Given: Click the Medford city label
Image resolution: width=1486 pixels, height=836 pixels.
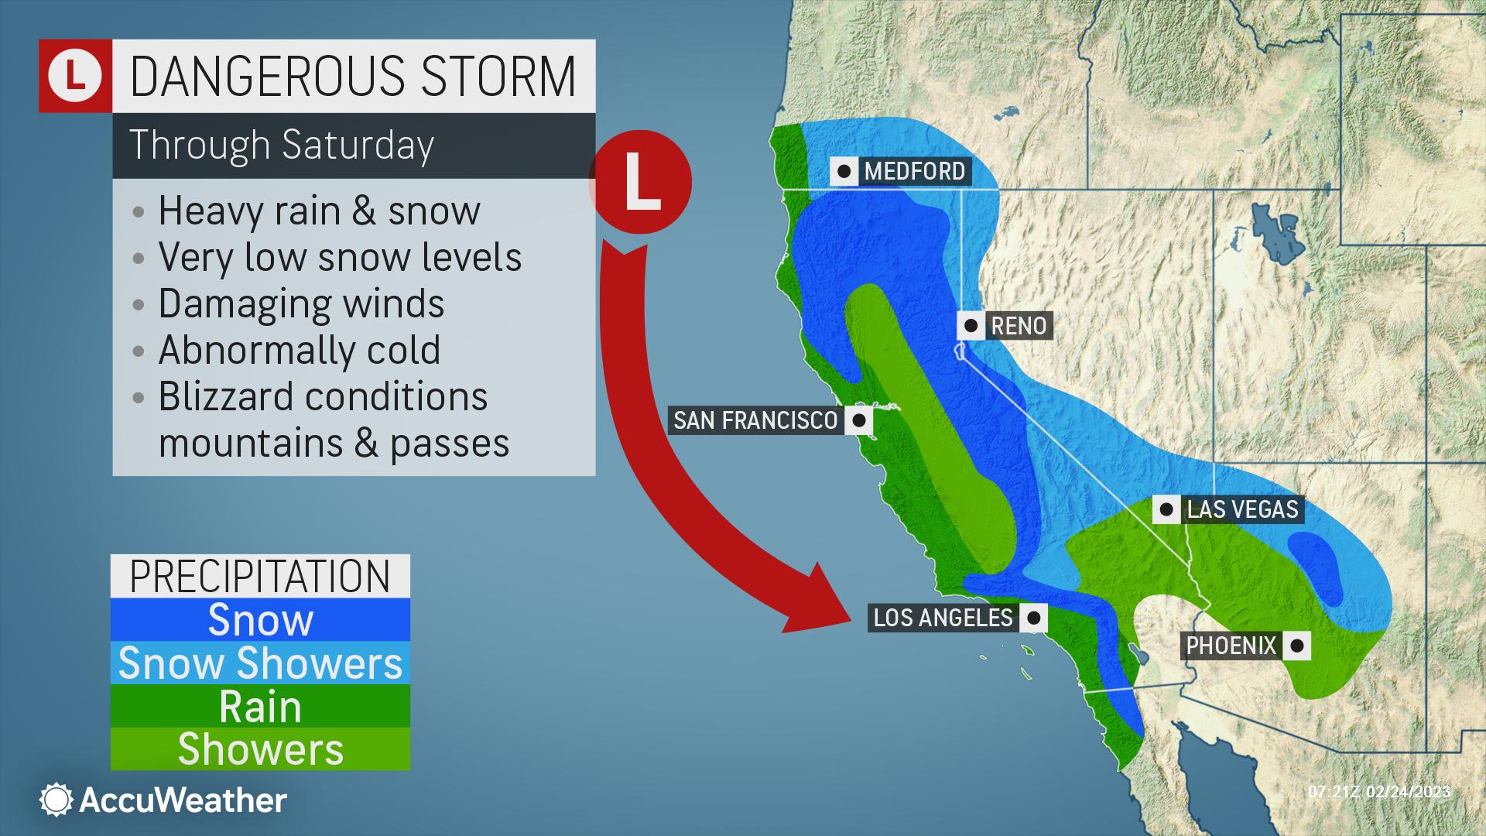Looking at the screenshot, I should coord(914,171).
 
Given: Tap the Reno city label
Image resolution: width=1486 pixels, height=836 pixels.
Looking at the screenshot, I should coord(1019,326).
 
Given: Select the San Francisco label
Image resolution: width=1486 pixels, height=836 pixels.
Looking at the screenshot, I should coord(755,420).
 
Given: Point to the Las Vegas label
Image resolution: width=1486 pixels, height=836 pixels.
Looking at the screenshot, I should coord(1242,509).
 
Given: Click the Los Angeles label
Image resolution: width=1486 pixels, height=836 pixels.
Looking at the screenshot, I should coord(943,618).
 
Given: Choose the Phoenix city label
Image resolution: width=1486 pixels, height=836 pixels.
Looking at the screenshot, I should coord(1231,646).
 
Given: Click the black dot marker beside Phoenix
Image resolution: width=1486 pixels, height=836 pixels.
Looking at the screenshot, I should coord(1296,646).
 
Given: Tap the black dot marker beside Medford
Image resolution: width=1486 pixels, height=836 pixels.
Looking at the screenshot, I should coord(844,171).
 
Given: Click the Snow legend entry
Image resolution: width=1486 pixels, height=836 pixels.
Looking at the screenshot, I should coord(260,620).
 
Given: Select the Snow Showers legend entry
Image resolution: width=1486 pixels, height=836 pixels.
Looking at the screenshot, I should coord(260,663).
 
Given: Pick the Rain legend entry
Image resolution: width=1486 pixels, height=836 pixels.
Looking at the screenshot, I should coord(260,707).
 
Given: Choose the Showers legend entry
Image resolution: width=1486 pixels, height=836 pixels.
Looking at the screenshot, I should coord(260,749).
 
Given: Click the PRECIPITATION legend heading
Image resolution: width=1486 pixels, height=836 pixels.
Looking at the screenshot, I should coord(260,576).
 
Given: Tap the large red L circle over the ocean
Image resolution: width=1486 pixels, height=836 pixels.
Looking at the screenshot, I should coord(641,183).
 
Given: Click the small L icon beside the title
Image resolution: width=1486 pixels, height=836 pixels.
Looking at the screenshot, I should coord(75,76).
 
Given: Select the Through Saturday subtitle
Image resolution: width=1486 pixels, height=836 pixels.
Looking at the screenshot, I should coord(282,145).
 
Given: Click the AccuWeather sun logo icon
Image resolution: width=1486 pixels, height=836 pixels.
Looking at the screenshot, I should coord(56,800).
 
